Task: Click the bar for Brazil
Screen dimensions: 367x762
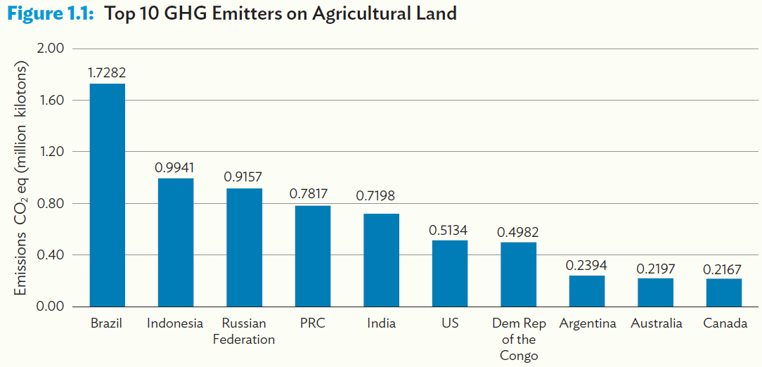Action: pyautogui.click(x=107, y=195)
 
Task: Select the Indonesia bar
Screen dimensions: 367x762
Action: pyautogui.click(x=175, y=243)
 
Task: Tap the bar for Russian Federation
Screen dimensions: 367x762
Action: pyautogui.click(x=244, y=247)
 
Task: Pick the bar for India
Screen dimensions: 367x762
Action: pyautogui.click(x=381, y=260)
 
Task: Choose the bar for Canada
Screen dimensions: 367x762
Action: pyautogui.click(x=724, y=292)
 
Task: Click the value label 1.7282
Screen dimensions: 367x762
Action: pyautogui.click(x=107, y=72)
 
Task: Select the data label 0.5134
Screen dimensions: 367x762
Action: pyautogui.click(x=449, y=230)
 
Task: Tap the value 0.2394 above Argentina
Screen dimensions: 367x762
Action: pyautogui.click(x=586, y=265)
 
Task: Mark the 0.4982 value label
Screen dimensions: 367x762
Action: pyautogui.click(x=518, y=232)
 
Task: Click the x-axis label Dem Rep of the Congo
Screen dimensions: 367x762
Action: pyautogui.click(x=519, y=340)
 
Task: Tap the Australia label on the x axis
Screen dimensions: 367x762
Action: pyautogui.click(x=656, y=324)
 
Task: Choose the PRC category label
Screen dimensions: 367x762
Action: pyautogui.click(x=312, y=324)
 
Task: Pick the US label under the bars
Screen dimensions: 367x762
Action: pyautogui.click(x=450, y=324)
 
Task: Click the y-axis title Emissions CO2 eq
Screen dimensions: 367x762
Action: pyautogui.click(x=22, y=179)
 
